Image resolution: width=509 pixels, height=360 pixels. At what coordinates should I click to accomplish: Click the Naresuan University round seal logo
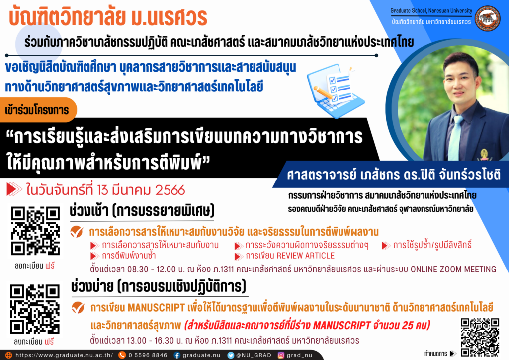tap(488, 18)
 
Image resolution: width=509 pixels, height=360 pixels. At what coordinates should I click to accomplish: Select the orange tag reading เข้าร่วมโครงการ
tap(37, 110)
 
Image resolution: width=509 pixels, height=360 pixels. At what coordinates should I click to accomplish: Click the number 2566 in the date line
tap(170, 190)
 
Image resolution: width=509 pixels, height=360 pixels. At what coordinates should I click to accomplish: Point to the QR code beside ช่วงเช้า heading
tap(35, 231)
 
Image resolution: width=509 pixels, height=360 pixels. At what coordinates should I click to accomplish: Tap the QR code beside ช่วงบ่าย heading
tap(35, 309)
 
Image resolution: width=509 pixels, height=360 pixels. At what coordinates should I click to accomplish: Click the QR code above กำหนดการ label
tap(480, 337)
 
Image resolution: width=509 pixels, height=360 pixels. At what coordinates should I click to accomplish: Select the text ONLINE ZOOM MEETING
tap(453, 269)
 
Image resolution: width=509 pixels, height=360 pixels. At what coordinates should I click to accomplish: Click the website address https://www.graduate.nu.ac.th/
tap(64, 355)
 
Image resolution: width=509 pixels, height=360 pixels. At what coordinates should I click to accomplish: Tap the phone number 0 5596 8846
tap(148, 355)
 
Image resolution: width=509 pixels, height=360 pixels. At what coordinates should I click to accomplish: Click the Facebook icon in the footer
tap(177, 355)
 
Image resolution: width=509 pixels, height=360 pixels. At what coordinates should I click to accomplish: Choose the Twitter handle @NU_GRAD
tap(254, 355)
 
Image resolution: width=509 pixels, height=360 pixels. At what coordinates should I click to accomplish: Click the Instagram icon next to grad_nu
tap(281, 355)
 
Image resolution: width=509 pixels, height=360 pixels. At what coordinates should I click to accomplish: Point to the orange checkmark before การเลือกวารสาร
tap(77, 231)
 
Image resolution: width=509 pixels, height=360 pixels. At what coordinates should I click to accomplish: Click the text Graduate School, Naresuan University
tap(431, 11)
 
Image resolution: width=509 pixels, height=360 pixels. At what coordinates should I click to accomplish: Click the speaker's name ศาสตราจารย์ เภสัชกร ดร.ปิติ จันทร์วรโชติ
tap(394, 175)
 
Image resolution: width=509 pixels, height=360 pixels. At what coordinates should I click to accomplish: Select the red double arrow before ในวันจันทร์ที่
tap(14, 189)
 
